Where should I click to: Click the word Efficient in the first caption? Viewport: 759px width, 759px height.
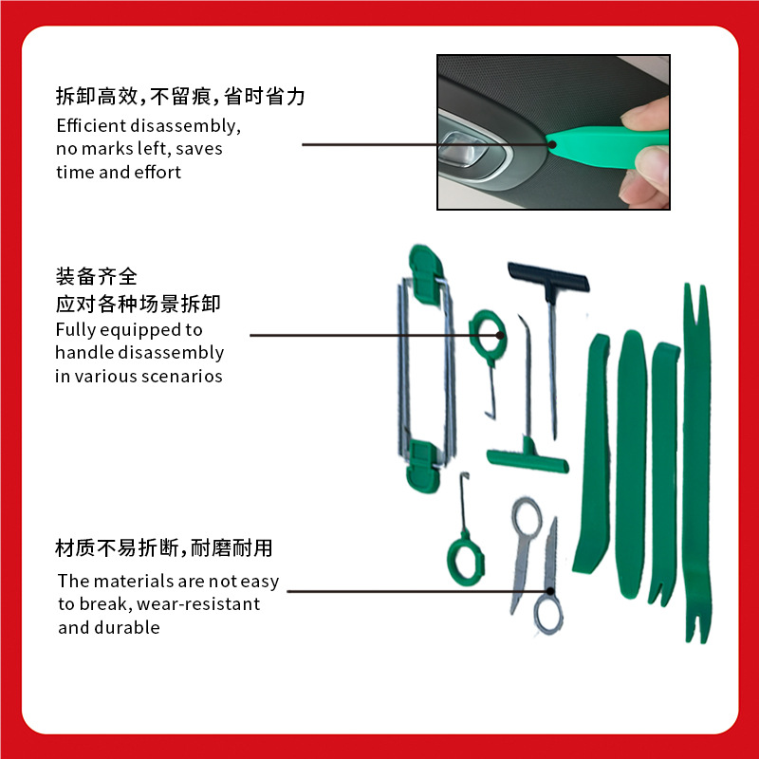91,125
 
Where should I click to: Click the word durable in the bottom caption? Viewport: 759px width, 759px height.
127,627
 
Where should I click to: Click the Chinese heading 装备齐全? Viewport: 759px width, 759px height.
97,276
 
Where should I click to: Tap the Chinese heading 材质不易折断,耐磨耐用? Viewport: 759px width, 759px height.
163,548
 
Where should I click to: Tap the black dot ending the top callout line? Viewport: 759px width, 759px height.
552,144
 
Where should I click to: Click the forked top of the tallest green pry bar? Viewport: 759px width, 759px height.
696,305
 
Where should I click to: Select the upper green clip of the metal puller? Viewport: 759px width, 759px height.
425,273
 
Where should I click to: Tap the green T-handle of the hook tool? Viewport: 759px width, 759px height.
528,458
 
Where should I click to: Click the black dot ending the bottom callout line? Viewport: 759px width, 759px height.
550,591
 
